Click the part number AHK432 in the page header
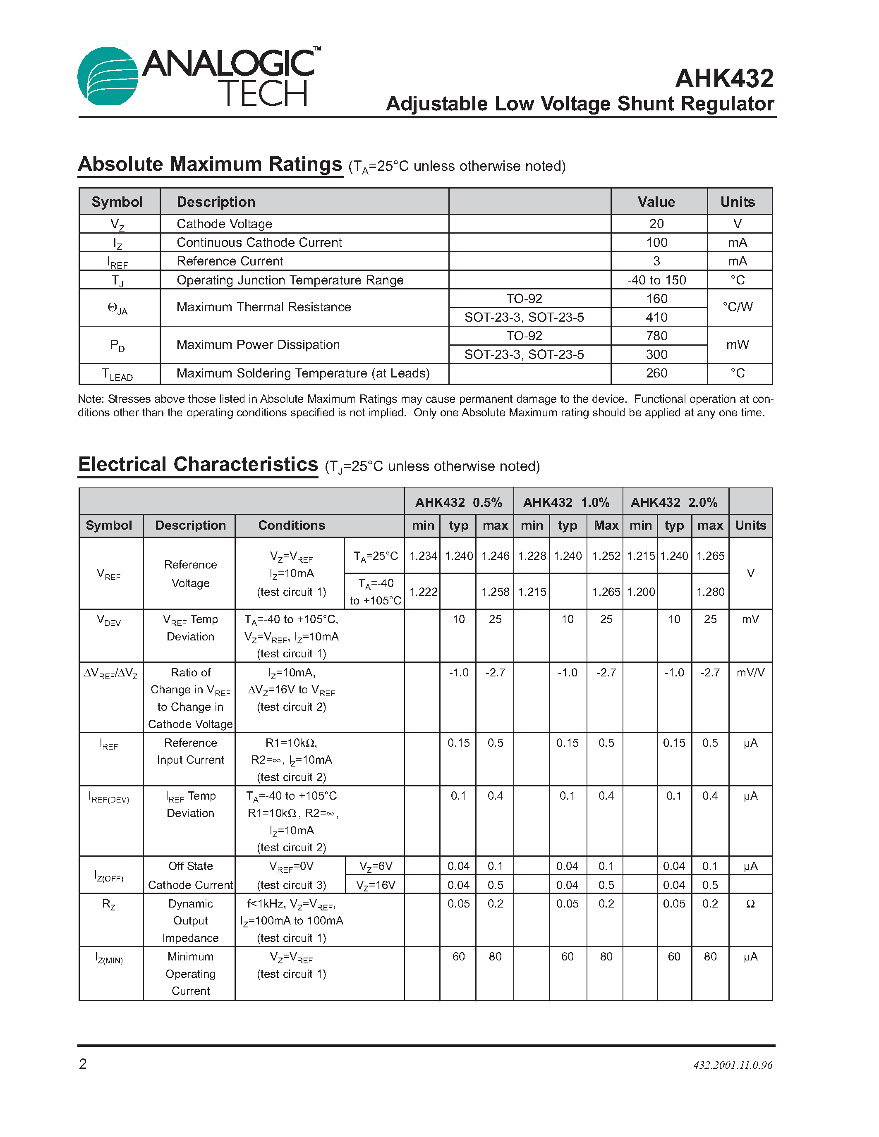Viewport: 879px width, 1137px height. (x=724, y=79)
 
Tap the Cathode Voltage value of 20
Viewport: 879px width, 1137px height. (x=656, y=224)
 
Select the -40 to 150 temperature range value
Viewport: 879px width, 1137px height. (x=656, y=280)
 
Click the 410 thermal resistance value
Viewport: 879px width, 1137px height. (x=656, y=317)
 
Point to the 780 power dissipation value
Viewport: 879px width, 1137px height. (x=656, y=336)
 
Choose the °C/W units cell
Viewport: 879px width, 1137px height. (x=738, y=307)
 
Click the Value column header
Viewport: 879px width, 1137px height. (x=656, y=202)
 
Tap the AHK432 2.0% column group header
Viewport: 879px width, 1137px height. (x=674, y=502)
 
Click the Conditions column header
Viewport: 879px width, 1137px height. (x=292, y=525)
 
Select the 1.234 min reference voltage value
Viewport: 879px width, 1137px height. (x=423, y=556)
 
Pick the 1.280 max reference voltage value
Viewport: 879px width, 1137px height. (x=710, y=592)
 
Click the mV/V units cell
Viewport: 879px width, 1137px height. (x=750, y=673)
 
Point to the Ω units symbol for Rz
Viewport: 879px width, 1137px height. (x=750, y=904)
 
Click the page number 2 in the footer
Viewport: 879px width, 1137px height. (x=83, y=1063)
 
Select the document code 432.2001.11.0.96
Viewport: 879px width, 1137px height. (x=733, y=1065)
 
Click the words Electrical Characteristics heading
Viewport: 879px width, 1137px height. (x=198, y=464)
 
